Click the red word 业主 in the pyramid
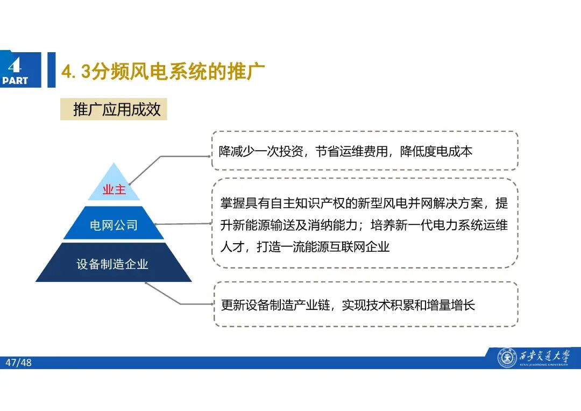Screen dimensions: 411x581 (114, 190)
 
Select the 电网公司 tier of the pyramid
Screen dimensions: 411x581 (114, 225)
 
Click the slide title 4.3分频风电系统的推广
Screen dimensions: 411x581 (164, 72)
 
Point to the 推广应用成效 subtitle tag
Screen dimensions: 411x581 (117, 110)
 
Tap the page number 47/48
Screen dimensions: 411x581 (19, 363)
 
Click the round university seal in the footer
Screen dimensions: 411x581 (506, 358)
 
